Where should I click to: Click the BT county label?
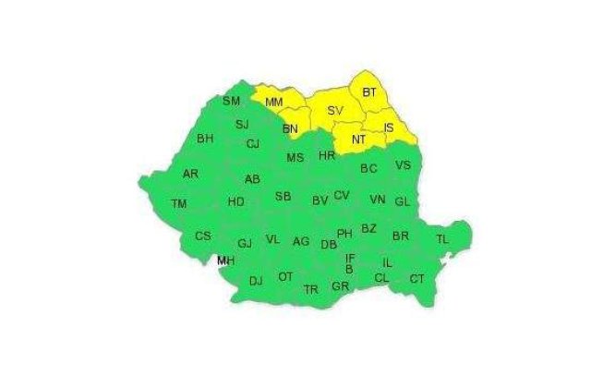(x=369, y=92)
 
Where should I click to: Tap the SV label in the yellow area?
(x=335, y=112)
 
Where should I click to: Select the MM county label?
(x=274, y=102)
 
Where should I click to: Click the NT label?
(x=359, y=139)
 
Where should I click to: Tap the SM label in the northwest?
(x=231, y=101)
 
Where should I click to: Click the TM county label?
(x=180, y=203)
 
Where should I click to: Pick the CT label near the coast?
(x=417, y=279)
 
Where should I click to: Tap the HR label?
(x=326, y=156)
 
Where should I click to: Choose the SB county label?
(x=283, y=196)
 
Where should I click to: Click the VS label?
(x=403, y=166)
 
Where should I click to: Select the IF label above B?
(x=350, y=259)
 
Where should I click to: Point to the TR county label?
(x=311, y=289)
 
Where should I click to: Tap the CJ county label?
(x=252, y=144)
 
